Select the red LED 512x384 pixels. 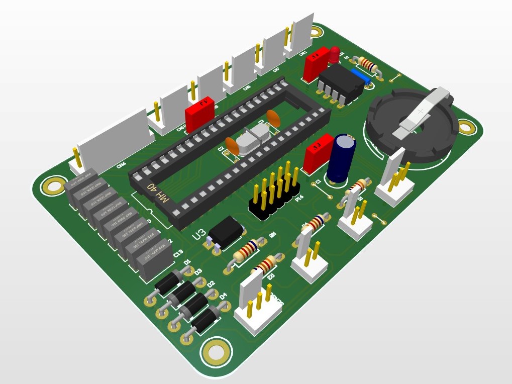[334, 55]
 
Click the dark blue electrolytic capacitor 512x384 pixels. [342, 157]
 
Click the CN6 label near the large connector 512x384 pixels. [121, 165]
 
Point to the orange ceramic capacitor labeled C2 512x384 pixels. [232, 146]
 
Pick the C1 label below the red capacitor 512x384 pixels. [318, 181]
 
